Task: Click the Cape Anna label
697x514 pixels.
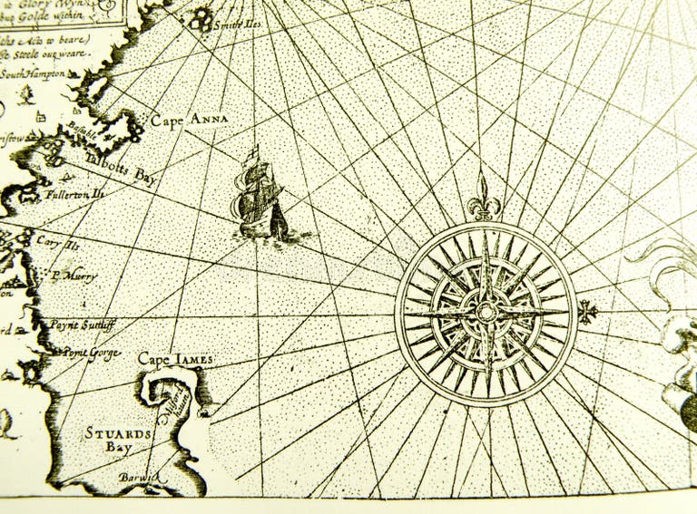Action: (x=189, y=120)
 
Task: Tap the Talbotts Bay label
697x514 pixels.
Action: (x=121, y=169)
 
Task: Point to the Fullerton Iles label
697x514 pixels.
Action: (x=75, y=194)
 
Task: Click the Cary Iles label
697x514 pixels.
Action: (x=58, y=242)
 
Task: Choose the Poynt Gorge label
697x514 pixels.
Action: (x=91, y=352)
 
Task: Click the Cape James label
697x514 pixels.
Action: (x=175, y=360)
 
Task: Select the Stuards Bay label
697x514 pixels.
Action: (x=117, y=440)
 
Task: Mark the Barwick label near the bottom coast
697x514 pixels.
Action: (x=137, y=477)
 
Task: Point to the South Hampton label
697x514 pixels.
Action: (x=34, y=73)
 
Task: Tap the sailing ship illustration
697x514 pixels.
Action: (x=260, y=196)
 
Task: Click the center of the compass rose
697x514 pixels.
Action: (x=486, y=312)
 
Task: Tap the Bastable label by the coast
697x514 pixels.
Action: (x=82, y=134)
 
